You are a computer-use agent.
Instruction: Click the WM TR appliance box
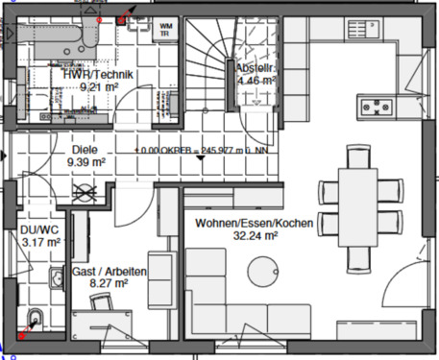[166, 28]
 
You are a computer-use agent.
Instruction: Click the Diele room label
[85, 150]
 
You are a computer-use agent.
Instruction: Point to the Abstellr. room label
[256, 67]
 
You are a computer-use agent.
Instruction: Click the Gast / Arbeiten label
[110, 273]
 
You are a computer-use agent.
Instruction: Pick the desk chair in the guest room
[101, 303]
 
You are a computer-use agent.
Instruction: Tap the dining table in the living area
[362, 208]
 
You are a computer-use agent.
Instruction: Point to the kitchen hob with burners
[376, 105]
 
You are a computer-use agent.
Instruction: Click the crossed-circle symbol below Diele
[85, 190]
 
